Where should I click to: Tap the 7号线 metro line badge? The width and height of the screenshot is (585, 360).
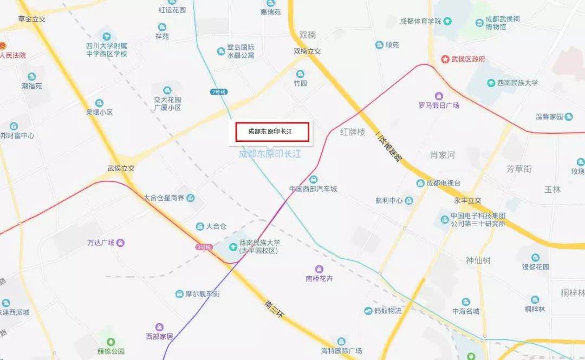click(219, 92)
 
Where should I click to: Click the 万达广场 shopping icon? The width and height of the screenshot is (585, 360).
click(120, 243)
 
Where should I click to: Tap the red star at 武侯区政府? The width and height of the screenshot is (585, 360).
click(445, 59)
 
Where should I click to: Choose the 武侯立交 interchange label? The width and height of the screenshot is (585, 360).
click(121, 168)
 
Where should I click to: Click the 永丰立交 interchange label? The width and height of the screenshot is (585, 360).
click(467, 201)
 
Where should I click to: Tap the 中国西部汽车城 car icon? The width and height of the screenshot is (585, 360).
click(313, 180)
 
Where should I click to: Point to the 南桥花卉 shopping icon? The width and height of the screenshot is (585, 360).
click(320, 269)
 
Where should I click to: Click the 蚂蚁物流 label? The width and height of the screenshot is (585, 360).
click(388, 311)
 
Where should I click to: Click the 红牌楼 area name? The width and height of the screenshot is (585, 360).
click(353, 132)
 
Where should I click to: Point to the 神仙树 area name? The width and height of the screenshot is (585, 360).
click(478, 260)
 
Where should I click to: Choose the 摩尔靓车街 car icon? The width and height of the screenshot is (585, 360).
click(180, 294)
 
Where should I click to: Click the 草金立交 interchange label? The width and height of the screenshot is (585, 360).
click(32, 19)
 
